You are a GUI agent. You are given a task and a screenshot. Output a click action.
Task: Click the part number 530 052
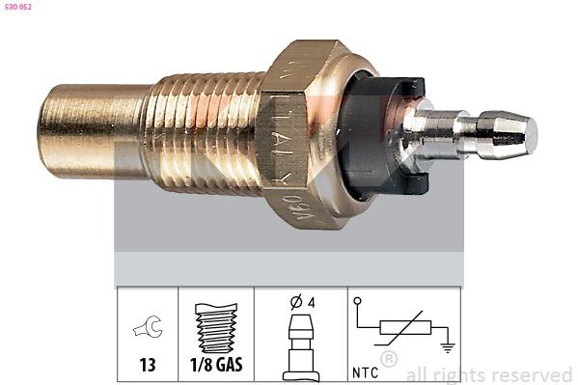tap(18, 7)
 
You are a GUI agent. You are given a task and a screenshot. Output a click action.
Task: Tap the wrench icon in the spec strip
tap(149, 328)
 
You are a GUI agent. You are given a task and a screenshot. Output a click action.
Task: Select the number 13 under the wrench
tap(149, 366)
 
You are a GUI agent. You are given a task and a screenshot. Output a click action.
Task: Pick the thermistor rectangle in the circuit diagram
tap(404, 328)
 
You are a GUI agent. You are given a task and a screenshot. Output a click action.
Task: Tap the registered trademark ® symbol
tap(389, 360)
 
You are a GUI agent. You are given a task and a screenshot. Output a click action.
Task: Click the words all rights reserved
tap(488, 374)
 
